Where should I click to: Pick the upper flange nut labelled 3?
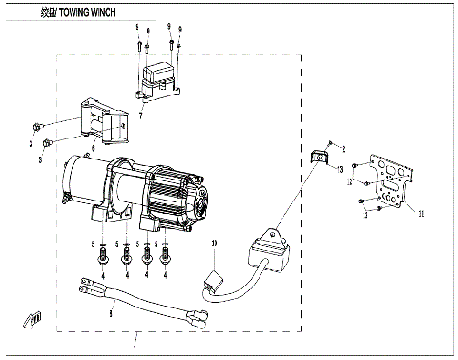36,126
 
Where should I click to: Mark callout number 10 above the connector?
215,244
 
